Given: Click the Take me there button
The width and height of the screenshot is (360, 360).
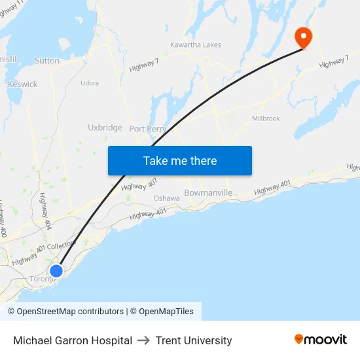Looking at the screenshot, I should [x=180, y=161].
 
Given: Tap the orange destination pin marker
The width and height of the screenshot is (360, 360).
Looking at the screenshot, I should [x=304, y=37].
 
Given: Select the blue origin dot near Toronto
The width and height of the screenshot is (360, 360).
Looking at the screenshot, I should [x=56, y=271].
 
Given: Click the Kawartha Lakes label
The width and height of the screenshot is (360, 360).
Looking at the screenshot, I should [x=195, y=45].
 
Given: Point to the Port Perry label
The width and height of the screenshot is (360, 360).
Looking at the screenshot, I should [x=147, y=129].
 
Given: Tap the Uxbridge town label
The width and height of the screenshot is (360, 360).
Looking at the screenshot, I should [x=105, y=128].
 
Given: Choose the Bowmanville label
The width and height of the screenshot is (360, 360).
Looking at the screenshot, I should [x=208, y=193].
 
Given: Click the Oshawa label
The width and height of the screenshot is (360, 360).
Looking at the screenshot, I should [x=166, y=198].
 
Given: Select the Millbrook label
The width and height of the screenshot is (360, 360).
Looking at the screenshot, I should [x=266, y=118].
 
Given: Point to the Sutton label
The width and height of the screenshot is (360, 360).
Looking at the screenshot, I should [x=47, y=61].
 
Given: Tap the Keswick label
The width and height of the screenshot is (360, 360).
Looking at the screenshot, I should [x=23, y=84].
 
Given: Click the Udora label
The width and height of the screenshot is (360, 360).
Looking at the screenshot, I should [x=89, y=83].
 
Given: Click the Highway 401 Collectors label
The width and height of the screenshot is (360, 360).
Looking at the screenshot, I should [x=44, y=251].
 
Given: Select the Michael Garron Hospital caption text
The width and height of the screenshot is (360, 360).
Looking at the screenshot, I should [x=73, y=340].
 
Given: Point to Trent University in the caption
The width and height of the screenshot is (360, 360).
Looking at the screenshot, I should [x=194, y=340].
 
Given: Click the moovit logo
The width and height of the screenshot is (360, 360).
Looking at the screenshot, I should [x=321, y=340].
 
